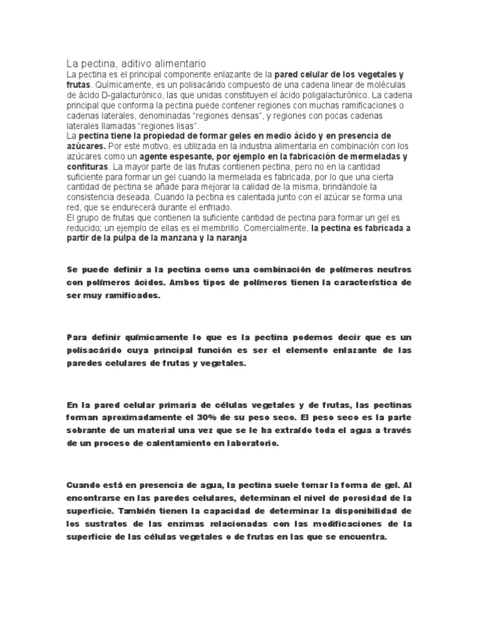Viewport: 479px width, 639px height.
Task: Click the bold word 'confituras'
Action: pos(87,167)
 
